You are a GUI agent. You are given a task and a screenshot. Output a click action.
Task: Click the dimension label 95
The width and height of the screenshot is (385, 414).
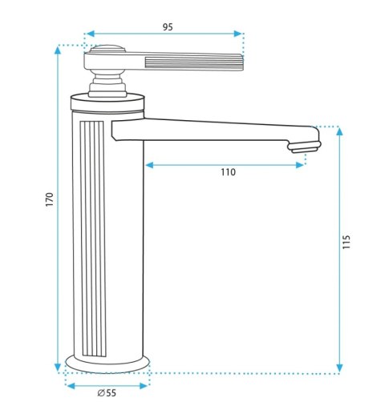tap(168, 27)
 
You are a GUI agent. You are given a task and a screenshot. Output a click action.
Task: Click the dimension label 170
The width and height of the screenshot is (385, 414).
tap(50, 199)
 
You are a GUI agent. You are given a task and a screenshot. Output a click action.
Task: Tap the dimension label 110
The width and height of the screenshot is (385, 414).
tap(228, 172)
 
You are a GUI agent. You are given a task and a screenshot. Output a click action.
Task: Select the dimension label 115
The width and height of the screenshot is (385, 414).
tap(346, 242)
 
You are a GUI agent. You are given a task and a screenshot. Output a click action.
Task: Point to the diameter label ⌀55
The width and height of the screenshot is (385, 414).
tap(107, 393)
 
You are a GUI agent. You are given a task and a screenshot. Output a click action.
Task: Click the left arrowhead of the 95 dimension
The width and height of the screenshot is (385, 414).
tap(91, 34)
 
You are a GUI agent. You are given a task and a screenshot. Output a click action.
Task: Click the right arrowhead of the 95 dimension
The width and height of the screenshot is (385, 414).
tap(237, 34)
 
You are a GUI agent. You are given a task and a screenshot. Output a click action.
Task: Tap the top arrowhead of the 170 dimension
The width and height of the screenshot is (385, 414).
tap(58, 50)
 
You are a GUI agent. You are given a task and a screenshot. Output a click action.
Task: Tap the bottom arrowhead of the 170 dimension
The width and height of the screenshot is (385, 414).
tap(58, 368)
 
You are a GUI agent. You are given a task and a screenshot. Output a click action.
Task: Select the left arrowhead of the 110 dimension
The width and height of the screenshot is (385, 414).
tap(149, 165)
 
